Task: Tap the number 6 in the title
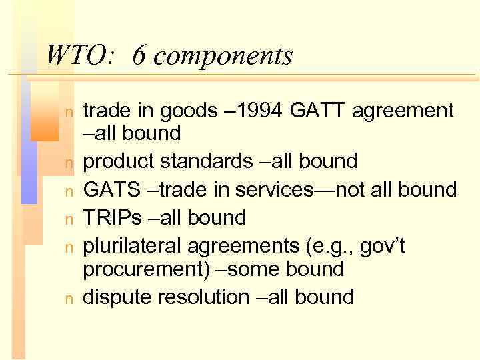click(139, 55)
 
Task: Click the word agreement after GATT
click(407, 111)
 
